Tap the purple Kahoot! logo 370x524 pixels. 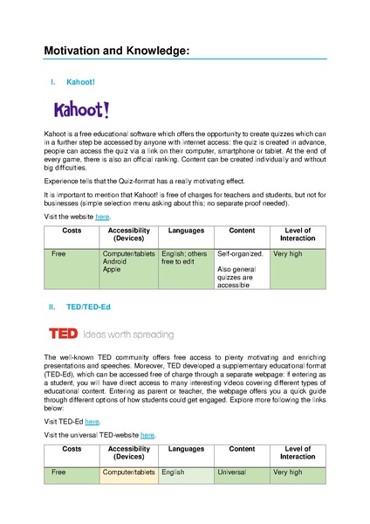coord(82,110)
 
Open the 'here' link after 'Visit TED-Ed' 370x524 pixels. coord(92,421)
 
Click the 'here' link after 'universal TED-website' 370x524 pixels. coord(147,434)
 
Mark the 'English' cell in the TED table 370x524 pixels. coord(175,472)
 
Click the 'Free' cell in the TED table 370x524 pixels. coord(59,472)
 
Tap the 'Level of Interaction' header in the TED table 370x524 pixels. coord(298,452)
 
